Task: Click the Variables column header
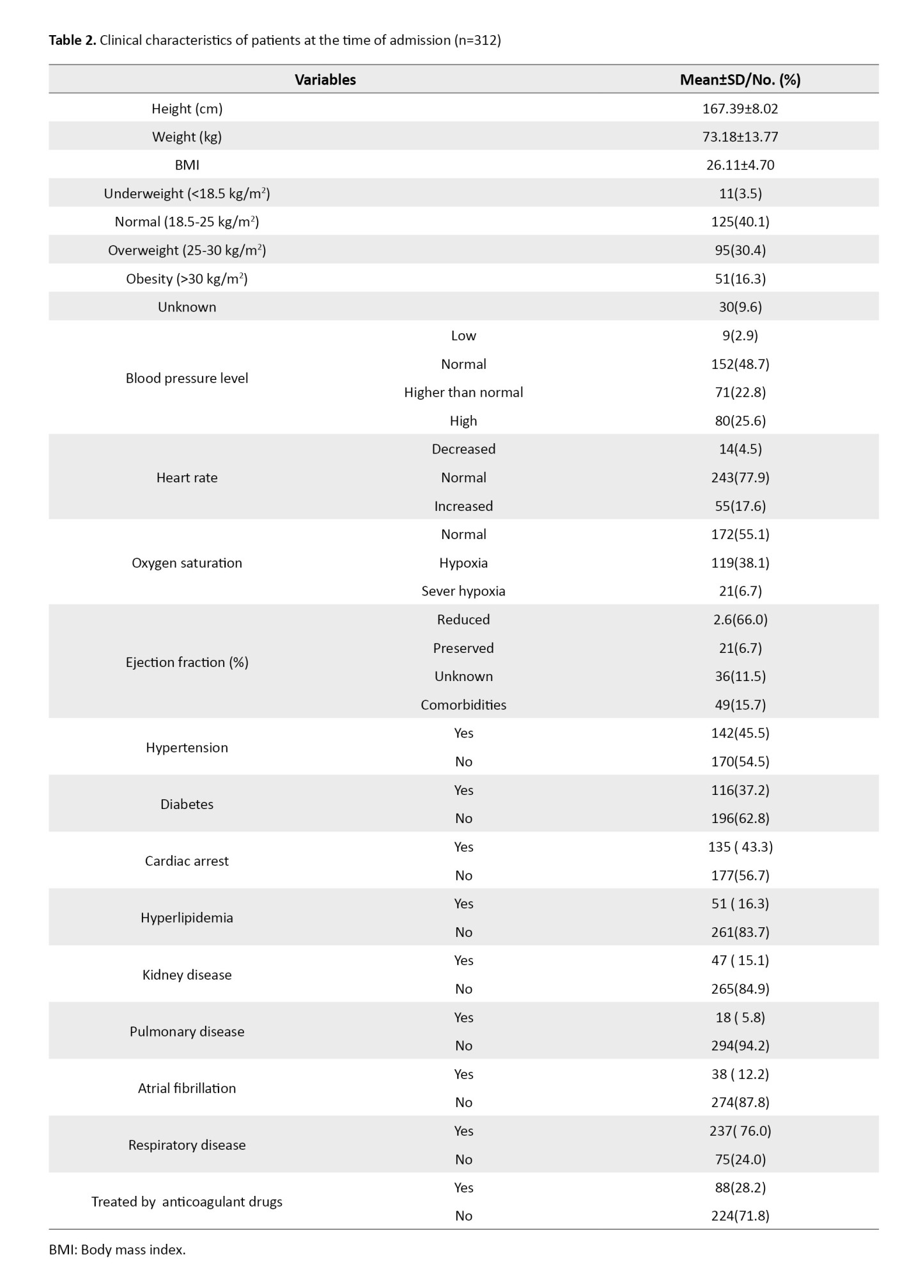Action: coord(325,79)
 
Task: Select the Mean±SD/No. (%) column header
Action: coord(740,79)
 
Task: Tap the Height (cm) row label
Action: coord(187,109)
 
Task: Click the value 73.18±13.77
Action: coord(740,137)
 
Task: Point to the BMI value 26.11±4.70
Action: coord(740,165)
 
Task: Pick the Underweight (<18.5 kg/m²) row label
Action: coord(187,193)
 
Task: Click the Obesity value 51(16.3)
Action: coord(740,279)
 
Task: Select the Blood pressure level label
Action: coord(187,378)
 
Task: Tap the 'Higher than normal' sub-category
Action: coord(463,392)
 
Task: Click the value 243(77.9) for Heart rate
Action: coord(740,478)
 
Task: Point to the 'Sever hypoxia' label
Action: coord(463,591)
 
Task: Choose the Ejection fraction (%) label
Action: coord(187,662)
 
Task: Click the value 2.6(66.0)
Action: coord(740,620)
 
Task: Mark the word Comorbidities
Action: coord(463,705)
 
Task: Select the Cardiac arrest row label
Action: coord(187,861)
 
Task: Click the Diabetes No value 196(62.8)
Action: coord(740,819)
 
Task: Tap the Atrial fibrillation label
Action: coord(187,1088)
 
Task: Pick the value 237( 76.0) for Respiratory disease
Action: coord(740,1131)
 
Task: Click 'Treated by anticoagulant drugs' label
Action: coord(187,1202)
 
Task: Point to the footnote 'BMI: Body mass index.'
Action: coord(117,1249)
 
